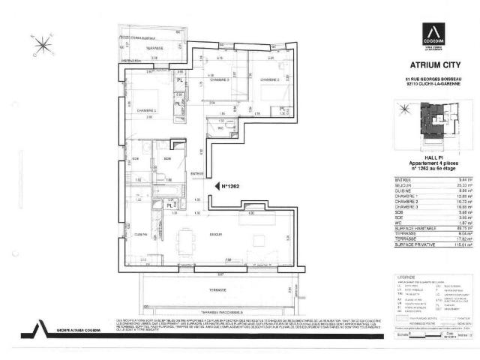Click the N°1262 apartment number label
pos(228,185)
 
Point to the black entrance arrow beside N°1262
pos(214,185)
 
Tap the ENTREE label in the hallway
pos(196,175)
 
